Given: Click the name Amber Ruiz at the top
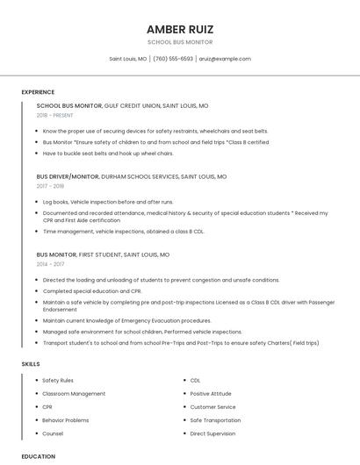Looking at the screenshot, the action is pos(179,29).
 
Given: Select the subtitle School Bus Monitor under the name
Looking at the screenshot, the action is pos(179,42).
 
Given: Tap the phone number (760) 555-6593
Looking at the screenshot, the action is pos(173,59).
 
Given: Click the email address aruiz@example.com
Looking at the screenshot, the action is pos(225,59).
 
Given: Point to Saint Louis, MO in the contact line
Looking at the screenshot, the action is pos(128,59).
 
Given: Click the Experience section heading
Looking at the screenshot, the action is pos(38,92).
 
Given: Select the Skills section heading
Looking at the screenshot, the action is pos(31,363).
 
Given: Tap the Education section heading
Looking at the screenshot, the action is pos(39,456).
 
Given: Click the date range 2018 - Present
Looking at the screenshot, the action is pos(55,115).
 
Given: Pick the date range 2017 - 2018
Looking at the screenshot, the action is pos(50,186).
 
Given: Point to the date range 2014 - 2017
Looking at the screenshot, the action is pos(50,264).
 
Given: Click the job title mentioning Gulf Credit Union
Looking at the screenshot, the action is pos(122,105).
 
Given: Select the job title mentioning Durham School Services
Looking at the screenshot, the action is pos(131,176).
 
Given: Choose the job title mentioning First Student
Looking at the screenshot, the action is pos(103,254).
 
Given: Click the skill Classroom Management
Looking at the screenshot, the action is pos(74,394).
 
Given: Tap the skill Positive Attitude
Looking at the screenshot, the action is pos(211,394).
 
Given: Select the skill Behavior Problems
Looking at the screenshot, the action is pos(66,420).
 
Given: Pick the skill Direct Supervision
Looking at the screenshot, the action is pos(212,433).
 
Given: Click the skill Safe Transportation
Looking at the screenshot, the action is pos(215,420).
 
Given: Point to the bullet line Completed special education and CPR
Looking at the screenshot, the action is pos(92,290).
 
